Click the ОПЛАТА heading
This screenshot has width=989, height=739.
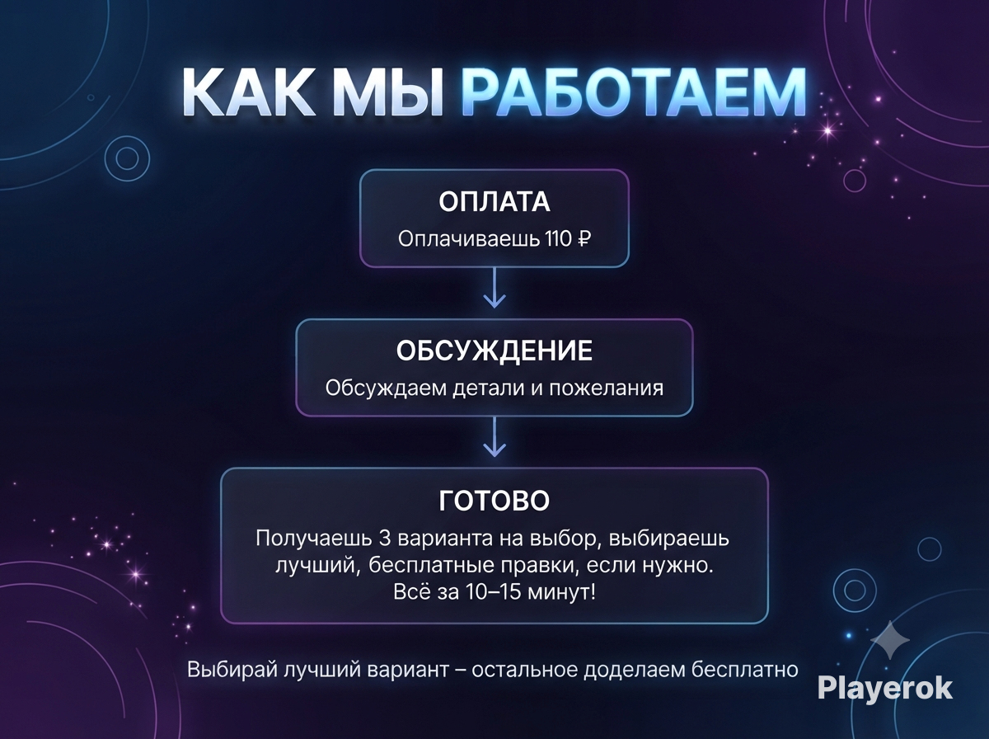point(494,201)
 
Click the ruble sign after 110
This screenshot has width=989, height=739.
point(584,239)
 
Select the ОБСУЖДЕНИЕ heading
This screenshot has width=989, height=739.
point(494,351)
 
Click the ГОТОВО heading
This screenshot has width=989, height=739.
point(494,501)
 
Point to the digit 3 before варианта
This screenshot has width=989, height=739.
point(385,539)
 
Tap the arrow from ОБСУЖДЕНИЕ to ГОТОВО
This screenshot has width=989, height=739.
point(494,437)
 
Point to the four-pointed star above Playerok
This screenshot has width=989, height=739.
point(890,641)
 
